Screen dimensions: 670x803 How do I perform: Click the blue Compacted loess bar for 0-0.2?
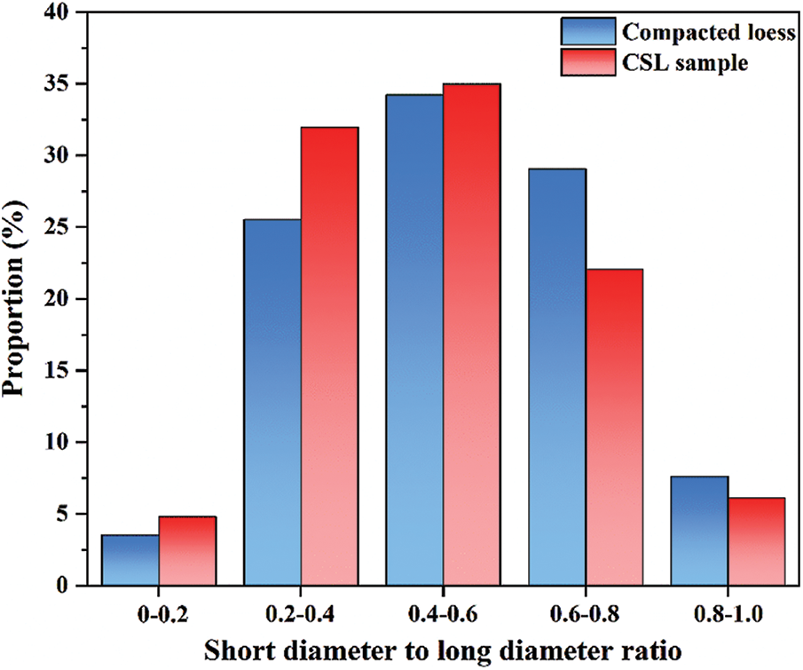click(x=130, y=560)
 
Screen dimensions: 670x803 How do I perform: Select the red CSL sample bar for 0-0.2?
click(x=187, y=551)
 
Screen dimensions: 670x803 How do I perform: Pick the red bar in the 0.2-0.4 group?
click(x=329, y=356)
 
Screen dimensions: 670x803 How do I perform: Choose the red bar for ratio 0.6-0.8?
click(x=614, y=427)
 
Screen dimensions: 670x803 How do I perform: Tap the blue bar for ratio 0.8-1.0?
click(x=699, y=531)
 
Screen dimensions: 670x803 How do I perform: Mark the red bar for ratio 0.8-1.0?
click(x=756, y=541)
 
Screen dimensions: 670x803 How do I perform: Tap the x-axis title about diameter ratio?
click(x=444, y=650)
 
